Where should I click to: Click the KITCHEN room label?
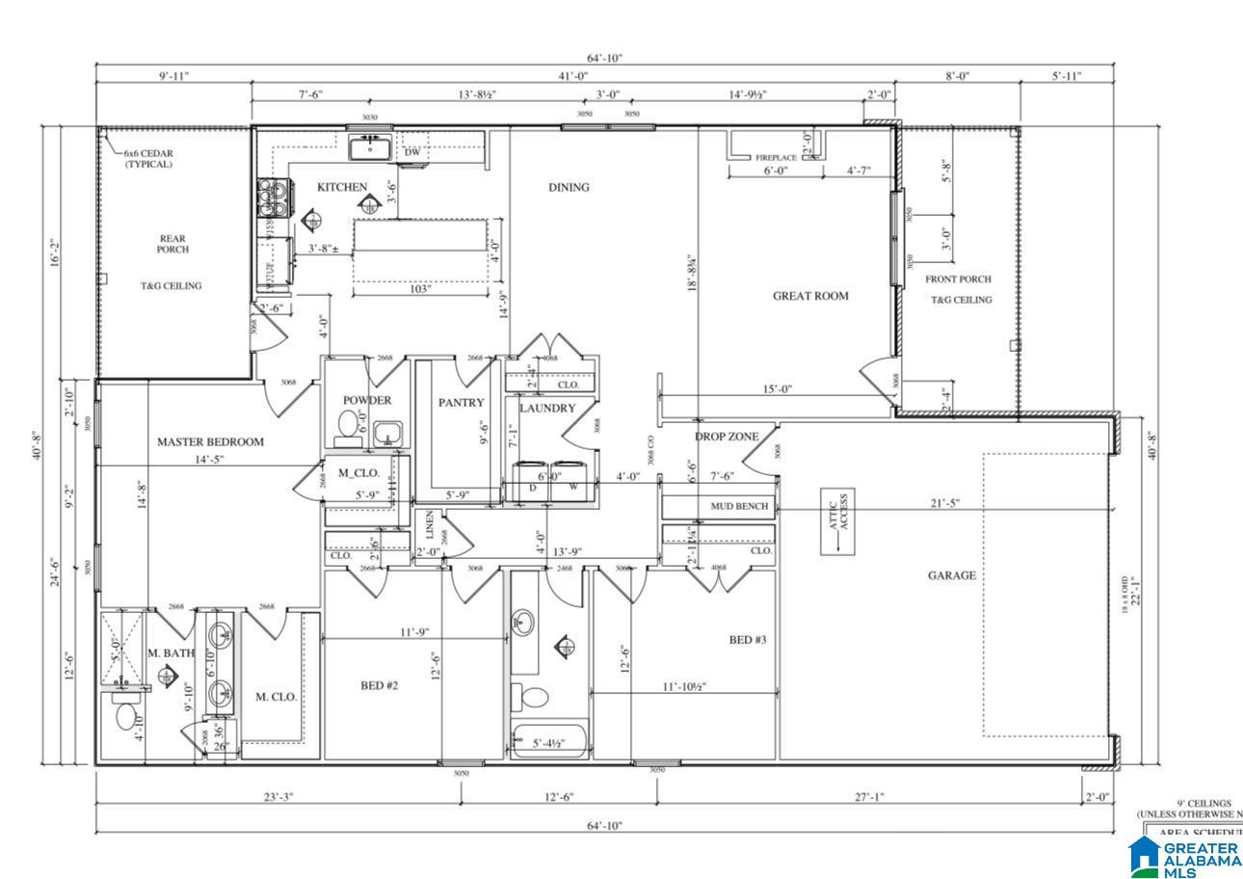click(x=342, y=187)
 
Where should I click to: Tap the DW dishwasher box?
click(x=411, y=152)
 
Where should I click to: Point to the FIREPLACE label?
click(x=775, y=157)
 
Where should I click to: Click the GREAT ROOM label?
click(x=810, y=296)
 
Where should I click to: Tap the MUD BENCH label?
click(x=739, y=506)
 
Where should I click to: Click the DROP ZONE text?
click(x=727, y=437)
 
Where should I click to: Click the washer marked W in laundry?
click(x=573, y=483)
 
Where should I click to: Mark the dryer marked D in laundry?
click(x=532, y=483)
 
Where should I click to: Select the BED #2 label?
click(x=380, y=685)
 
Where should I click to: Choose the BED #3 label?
click(x=747, y=640)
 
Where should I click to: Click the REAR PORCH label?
click(x=172, y=244)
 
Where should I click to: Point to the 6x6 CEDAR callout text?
click(x=148, y=158)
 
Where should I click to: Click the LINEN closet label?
click(x=430, y=526)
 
